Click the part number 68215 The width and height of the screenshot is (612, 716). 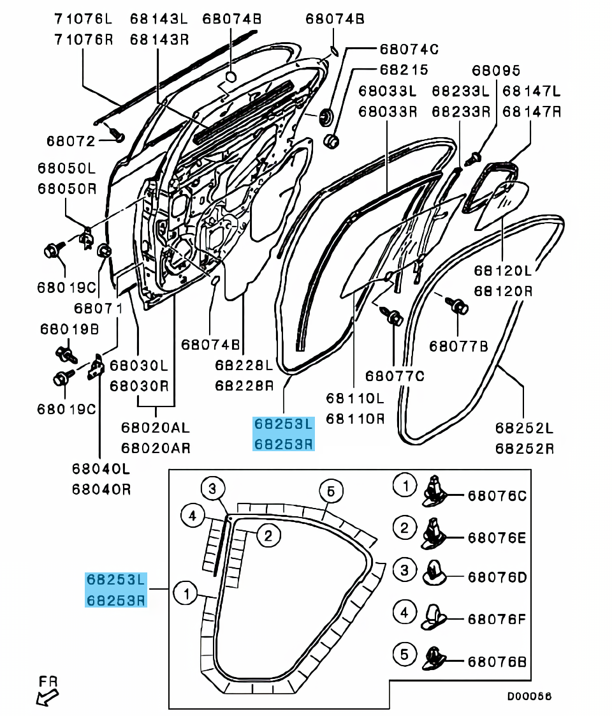pos(404,69)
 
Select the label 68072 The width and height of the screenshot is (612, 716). pos(70,140)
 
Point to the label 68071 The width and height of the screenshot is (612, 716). pos(98,308)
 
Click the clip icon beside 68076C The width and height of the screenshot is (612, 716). pos(435,491)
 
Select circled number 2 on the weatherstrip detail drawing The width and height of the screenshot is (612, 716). pos(268,535)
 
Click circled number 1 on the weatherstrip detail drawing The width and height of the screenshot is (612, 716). pos(186,593)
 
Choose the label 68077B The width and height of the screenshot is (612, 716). pos(458,347)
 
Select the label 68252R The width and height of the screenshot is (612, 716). pos(525,449)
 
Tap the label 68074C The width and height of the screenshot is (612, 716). pos(409,48)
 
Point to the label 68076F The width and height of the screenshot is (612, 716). pos(497,619)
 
